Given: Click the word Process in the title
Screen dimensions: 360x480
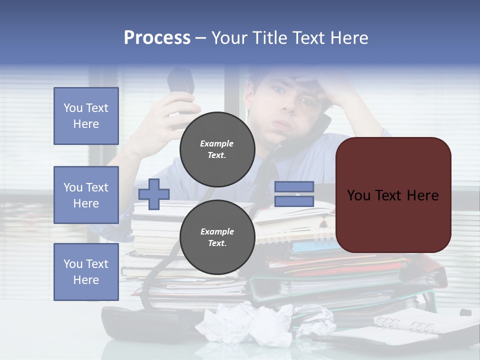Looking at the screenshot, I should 157,38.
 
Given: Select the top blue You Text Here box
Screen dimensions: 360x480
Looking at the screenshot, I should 86,116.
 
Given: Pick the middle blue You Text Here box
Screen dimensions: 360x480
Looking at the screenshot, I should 86,195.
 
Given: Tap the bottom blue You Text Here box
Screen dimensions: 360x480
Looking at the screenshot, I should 86,271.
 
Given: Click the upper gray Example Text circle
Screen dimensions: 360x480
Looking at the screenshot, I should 217,149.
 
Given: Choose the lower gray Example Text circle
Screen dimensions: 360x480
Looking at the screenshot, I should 217,237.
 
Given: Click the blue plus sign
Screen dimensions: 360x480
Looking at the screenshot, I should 153,194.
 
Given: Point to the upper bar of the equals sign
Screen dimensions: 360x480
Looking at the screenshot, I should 294,186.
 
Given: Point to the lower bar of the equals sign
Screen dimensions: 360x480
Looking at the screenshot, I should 294,201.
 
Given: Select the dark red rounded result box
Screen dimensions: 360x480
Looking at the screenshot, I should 393,195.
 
